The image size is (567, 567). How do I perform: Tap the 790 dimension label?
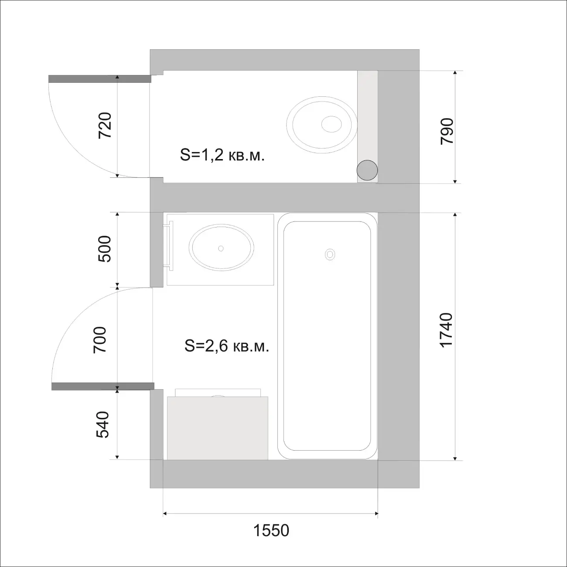click(x=447, y=131)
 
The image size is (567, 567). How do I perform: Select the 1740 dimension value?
click(x=447, y=330)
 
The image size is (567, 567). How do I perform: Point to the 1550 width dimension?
click(x=271, y=530)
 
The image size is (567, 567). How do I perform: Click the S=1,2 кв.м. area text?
click(x=222, y=155)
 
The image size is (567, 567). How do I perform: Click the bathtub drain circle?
click(x=330, y=254)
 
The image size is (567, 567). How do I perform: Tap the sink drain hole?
click(x=221, y=248)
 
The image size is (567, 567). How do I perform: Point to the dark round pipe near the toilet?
click(x=367, y=170)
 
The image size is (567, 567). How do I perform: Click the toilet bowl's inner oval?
click(x=331, y=124)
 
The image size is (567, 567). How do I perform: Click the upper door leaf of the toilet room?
click(x=100, y=79)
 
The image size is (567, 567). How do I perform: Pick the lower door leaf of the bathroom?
click(x=103, y=386)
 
